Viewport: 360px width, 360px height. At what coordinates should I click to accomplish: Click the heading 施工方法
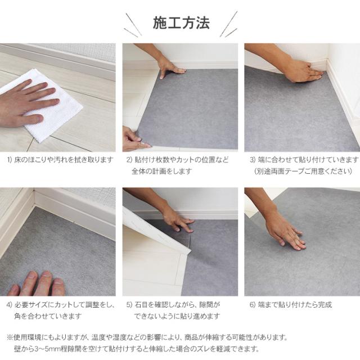(x=181, y=23)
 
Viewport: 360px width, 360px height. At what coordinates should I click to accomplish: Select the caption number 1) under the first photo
(x=10, y=160)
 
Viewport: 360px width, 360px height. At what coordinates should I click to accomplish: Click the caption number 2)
(x=129, y=160)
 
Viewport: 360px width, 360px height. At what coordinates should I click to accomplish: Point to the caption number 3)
(x=253, y=160)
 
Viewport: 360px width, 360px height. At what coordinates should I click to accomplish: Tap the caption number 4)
(x=9, y=305)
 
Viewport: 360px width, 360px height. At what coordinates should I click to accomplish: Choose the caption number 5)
(x=129, y=305)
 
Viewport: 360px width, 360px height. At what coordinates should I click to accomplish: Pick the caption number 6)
(x=253, y=305)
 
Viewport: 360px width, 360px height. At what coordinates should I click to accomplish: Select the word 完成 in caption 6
(x=325, y=305)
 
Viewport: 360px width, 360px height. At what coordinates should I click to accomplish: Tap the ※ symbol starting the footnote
(x=10, y=337)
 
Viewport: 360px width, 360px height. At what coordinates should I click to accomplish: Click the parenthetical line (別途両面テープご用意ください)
(x=303, y=171)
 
